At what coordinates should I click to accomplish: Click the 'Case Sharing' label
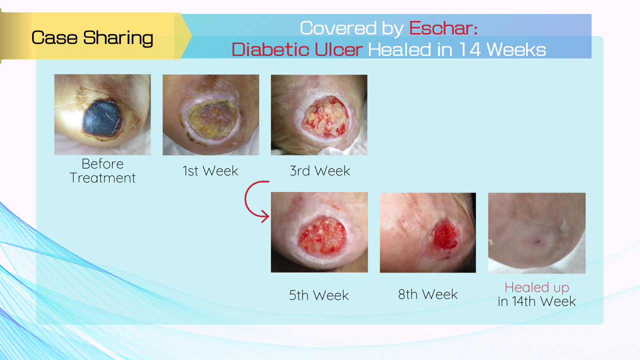[92, 38]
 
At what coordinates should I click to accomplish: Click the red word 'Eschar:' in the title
[443, 28]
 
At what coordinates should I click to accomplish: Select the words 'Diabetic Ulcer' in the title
[297, 49]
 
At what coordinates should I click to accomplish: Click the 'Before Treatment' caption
[102, 171]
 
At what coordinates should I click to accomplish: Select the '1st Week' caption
[210, 171]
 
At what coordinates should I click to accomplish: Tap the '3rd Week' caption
[319, 171]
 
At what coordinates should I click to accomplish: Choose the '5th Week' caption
[319, 295]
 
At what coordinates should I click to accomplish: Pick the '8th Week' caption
[427, 294]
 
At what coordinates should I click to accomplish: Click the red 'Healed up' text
[537, 287]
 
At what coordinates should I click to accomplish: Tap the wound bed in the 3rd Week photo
[326, 117]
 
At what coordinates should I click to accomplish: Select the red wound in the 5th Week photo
[322, 236]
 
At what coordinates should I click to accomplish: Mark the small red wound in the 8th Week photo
[445, 235]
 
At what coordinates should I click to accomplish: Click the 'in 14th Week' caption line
[536, 301]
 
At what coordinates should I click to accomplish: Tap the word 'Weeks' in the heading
[516, 49]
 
